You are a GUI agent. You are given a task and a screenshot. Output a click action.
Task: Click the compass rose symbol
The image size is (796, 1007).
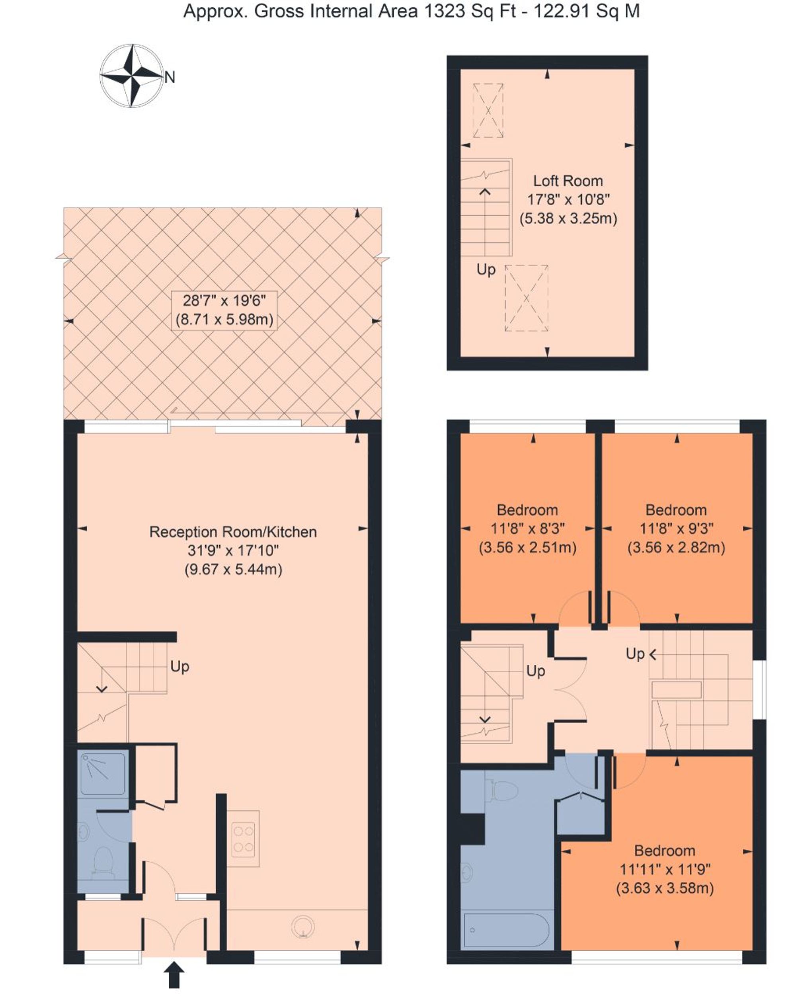[x=132, y=76]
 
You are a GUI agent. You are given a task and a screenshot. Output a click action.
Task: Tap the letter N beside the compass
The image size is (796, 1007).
[x=170, y=77]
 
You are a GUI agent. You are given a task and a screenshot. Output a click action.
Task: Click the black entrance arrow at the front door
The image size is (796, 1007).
[x=174, y=974]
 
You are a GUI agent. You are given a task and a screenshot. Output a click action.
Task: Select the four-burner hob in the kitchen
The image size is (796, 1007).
[x=243, y=838]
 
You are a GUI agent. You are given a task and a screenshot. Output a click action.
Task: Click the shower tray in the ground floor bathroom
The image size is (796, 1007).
[x=103, y=773]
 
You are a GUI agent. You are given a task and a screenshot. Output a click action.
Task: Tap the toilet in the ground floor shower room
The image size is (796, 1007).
[x=103, y=863]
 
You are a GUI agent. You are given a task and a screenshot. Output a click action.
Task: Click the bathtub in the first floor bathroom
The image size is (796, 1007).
[x=507, y=930]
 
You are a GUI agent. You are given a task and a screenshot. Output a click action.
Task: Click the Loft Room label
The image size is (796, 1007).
[x=568, y=181]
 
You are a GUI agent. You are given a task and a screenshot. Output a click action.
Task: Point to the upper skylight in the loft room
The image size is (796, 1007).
[x=488, y=110]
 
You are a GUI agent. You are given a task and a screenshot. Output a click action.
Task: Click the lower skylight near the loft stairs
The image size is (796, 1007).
[x=526, y=298]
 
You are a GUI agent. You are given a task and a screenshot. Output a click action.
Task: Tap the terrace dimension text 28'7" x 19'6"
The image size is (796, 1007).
[x=224, y=301]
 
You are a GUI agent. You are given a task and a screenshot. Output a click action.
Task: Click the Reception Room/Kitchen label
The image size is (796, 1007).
[x=232, y=532]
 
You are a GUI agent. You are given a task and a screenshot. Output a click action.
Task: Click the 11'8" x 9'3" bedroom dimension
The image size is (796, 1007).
[x=676, y=529]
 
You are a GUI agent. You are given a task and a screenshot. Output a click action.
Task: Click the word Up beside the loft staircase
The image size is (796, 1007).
[x=486, y=269]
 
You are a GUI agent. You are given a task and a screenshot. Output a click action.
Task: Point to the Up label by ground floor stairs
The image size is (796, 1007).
[x=179, y=666]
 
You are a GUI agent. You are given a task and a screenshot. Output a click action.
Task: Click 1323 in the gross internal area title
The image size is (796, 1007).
[x=444, y=11]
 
